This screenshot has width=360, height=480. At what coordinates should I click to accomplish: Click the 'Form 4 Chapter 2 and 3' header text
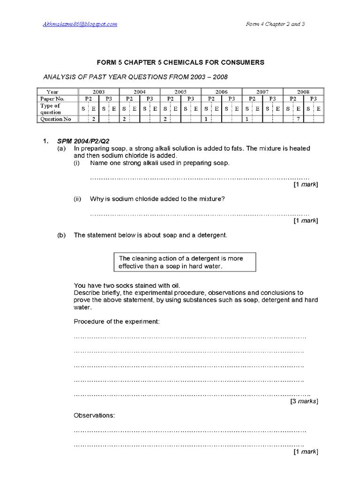(276, 24)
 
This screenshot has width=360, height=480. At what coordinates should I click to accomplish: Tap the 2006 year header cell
(221, 92)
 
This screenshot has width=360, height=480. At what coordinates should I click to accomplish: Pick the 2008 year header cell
(303, 92)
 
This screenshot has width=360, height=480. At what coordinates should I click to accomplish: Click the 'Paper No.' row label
(52, 99)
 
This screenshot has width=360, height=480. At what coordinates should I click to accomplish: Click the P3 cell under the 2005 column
(191, 99)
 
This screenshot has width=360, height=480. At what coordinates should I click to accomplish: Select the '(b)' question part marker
(61, 235)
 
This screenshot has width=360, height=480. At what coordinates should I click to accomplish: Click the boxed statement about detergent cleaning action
(184, 262)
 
